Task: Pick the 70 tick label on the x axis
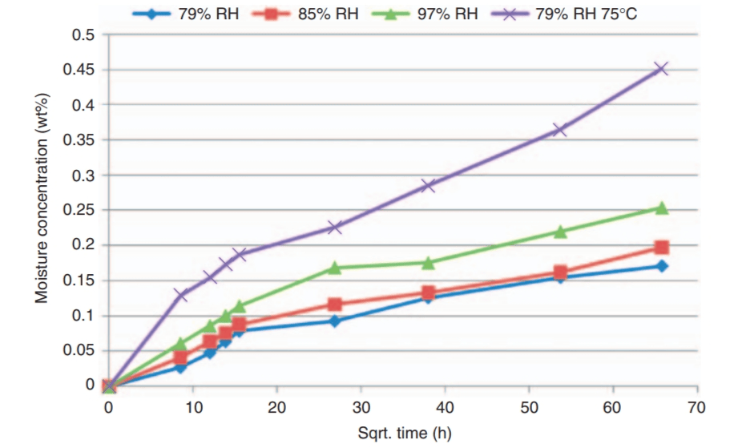696,406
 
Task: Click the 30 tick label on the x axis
361,406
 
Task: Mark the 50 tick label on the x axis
529,406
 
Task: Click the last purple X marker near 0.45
661,69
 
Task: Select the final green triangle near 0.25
661,208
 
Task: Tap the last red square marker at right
661,248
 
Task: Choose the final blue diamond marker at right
661,266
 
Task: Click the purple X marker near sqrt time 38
428,185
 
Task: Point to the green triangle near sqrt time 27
334,268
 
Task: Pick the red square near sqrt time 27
334,305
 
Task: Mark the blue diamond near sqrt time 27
334,321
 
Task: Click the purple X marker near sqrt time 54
560,130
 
